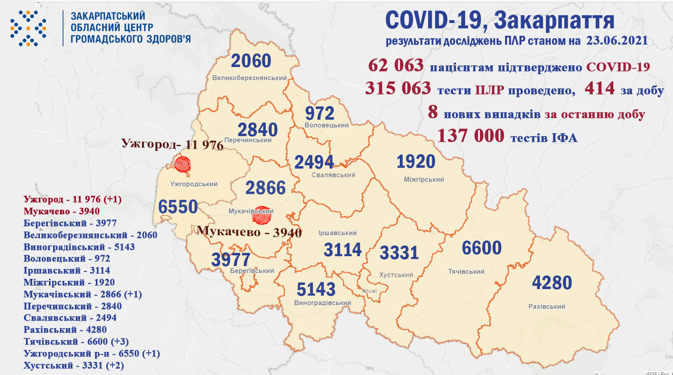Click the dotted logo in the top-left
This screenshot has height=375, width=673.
click(x=28, y=28)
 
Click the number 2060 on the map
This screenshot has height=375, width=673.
click(x=251, y=61)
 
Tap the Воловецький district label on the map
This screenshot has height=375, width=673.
click(x=326, y=125)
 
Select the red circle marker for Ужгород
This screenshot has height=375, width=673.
click(x=182, y=164)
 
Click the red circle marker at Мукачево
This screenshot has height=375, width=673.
click(x=261, y=215)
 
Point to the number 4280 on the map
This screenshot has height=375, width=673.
click(x=552, y=283)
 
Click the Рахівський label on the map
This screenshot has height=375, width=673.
click(x=547, y=306)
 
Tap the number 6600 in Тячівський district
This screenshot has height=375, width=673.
click(x=481, y=248)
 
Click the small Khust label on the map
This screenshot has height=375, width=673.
click(x=370, y=291)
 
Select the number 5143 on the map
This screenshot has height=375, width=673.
click(x=316, y=289)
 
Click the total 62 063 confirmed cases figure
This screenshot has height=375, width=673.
click(x=396, y=65)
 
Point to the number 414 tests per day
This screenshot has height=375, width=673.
click(x=599, y=88)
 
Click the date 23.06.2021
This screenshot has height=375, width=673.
click(x=617, y=40)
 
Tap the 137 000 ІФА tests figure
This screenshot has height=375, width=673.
click(x=470, y=136)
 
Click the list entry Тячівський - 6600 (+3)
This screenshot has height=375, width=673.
click(x=76, y=342)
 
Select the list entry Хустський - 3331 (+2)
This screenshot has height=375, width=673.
click(x=73, y=366)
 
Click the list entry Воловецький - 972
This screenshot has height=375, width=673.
click(x=67, y=259)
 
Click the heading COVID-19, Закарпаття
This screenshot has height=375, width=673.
click(x=499, y=21)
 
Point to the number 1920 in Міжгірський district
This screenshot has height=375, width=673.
click(x=416, y=162)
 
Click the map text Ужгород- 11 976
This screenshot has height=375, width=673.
click(x=172, y=144)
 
